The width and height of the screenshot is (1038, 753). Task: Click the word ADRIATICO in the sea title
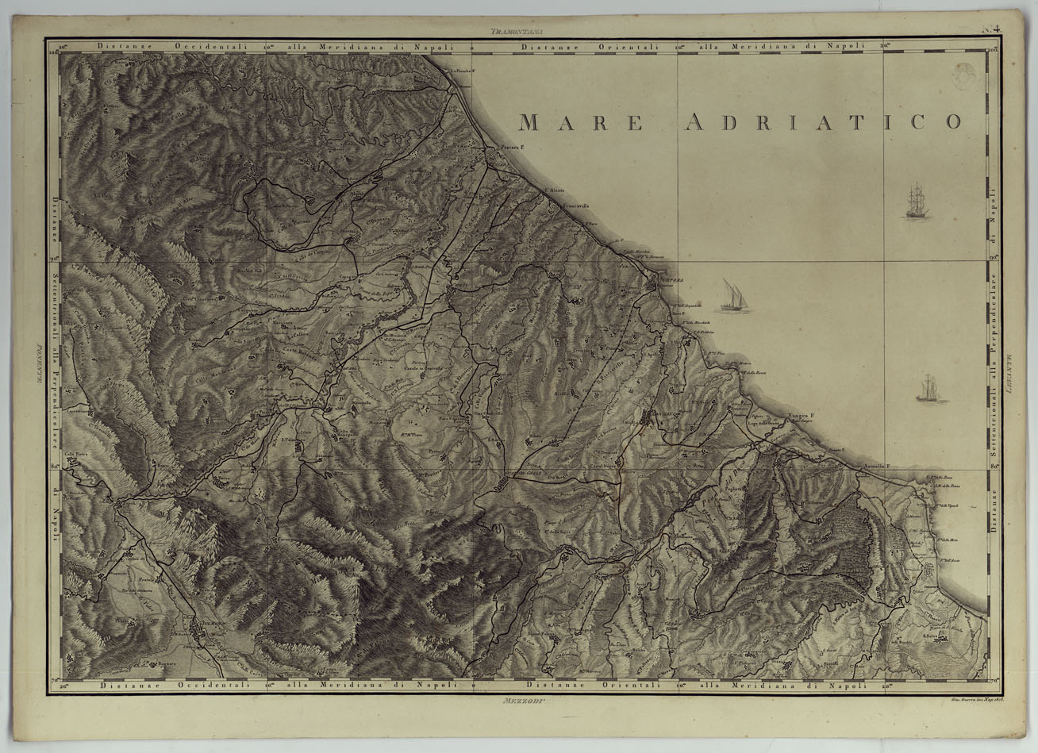pos(823,121)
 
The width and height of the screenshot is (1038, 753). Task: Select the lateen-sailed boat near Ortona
pos(734,296)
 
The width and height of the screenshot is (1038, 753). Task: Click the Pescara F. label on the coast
pos(512,148)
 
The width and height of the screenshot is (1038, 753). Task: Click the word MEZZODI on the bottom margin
pos(520,701)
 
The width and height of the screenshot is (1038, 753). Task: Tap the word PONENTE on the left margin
pos(38,369)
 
